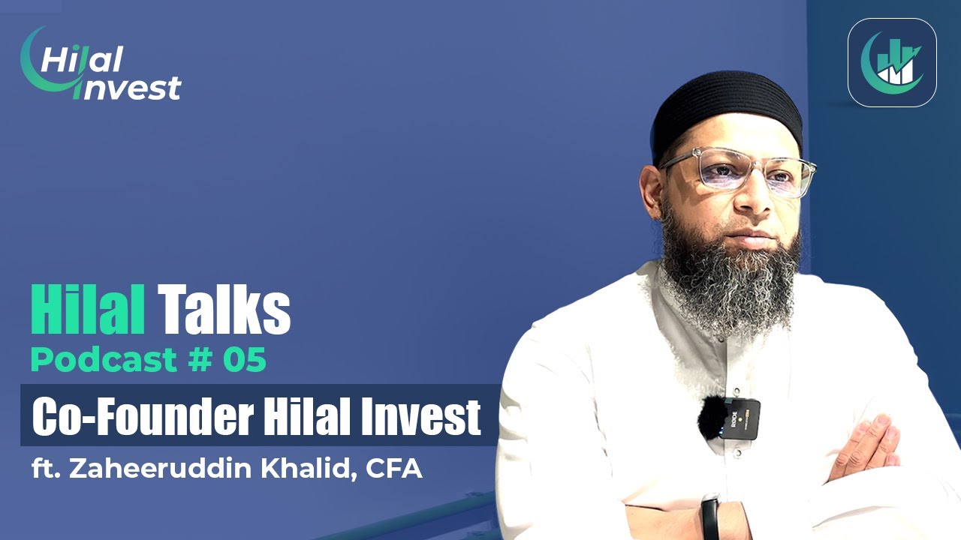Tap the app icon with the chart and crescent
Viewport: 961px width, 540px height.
click(x=892, y=62)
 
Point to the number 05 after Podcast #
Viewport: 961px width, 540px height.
click(x=244, y=361)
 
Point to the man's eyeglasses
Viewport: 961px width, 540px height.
click(x=740, y=171)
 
